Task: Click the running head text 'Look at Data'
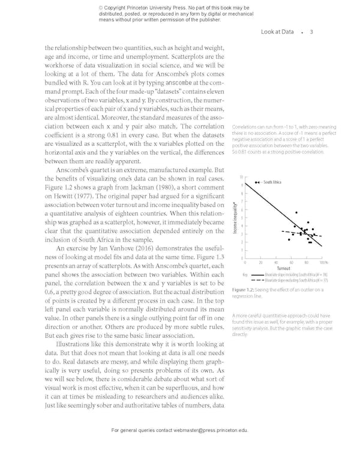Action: (277, 32)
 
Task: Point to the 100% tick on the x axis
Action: (323, 262)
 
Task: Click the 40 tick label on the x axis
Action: (276, 262)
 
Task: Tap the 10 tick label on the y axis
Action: (241, 178)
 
